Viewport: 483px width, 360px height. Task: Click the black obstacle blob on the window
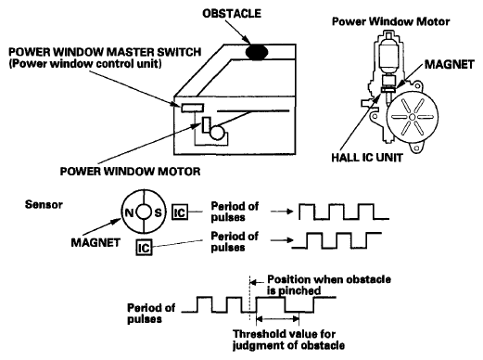[x=257, y=52]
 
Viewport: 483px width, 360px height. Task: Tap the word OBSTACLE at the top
[x=232, y=14]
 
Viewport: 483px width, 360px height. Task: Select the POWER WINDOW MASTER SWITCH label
[x=105, y=52]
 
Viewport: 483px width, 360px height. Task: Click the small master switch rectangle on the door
[x=192, y=108]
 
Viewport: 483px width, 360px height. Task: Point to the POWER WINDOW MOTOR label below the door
[x=130, y=172]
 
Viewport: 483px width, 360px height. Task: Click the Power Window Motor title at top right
[x=390, y=21]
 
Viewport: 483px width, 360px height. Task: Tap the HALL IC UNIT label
[x=367, y=158]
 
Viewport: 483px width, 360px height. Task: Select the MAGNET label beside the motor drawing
[x=449, y=64]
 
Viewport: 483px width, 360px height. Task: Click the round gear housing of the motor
[x=412, y=117]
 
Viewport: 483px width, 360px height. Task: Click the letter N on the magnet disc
[x=129, y=212]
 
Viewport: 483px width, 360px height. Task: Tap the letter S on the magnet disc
[x=158, y=212]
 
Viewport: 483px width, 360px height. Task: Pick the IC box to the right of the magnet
[x=180, y=212]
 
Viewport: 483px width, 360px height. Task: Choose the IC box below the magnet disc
[x=144, y=248]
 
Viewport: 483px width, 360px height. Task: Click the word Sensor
[x=44, y=204]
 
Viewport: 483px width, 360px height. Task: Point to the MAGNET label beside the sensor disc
[x=95, y=242]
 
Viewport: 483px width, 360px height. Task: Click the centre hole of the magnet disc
[x=144, y=212]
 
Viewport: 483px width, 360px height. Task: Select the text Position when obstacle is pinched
[x=329, y=285]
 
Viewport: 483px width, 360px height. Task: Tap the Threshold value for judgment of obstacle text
[x=288, y=340]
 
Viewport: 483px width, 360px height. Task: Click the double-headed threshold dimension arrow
[x=278, y=318]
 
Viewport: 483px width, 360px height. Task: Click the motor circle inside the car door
[x=217, y=132]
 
